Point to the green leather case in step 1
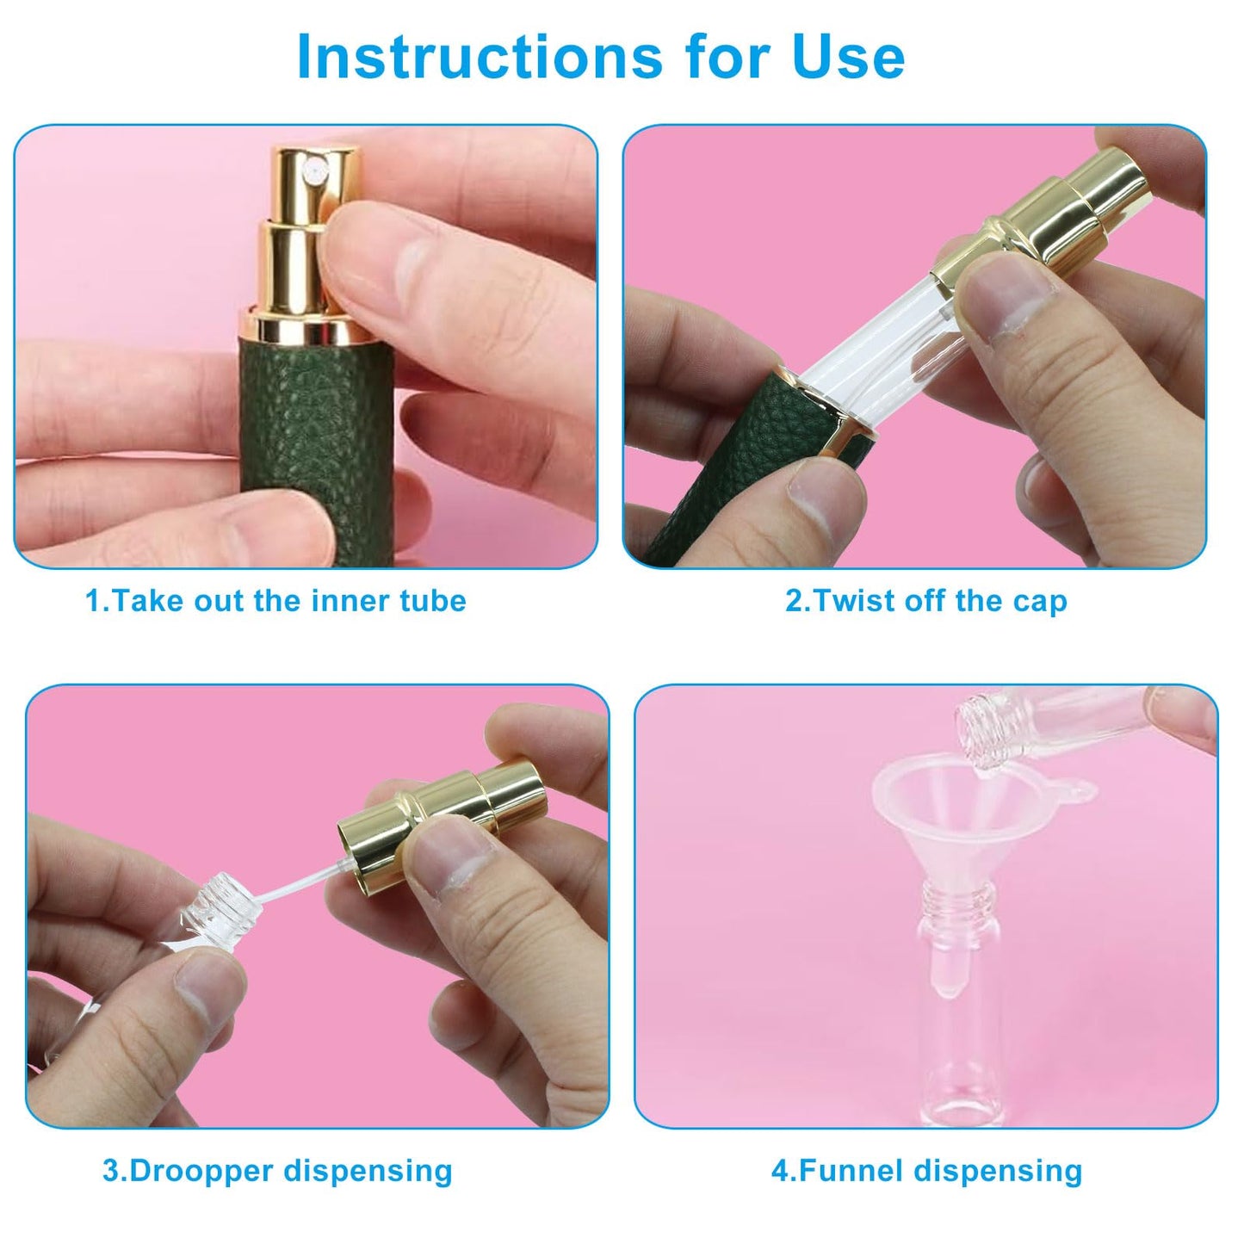[316, 452]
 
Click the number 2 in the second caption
[793, 601]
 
